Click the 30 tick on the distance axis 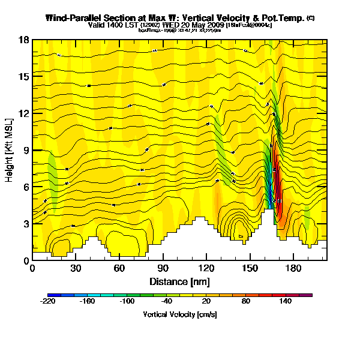coord(76,268)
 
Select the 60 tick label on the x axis coord(119,268)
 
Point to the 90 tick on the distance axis coord(163,268)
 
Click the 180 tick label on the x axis coord(293,268)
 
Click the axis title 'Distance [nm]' coord(179,280)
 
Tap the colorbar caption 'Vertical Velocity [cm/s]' coord(180,314)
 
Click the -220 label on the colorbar coord(47,302)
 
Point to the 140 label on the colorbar coord(285,302)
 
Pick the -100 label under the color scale coord(127,302)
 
